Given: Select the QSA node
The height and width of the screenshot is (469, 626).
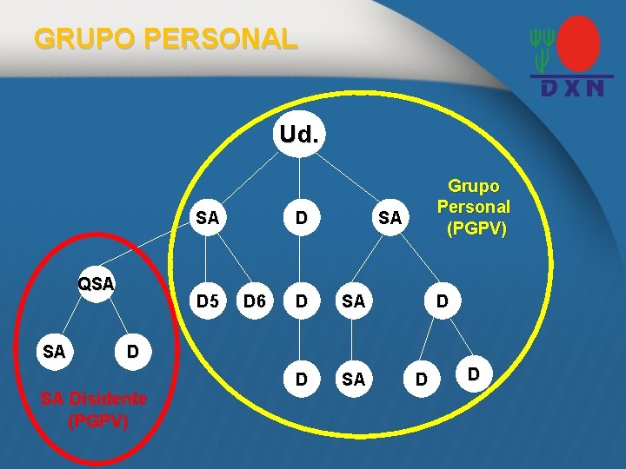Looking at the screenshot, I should pyautogui.click(x=96, y=284).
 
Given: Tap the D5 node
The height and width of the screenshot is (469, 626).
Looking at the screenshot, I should pyautogui.click(x=207, y=301).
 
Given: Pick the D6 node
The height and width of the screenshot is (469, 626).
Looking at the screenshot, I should pyautogui.click(x=254, y=301).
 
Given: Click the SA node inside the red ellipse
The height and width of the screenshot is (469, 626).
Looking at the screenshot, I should pyautogui.click(x=54, y=352).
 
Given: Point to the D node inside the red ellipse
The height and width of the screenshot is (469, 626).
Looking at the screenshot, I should pyautogui.click(x=132, y=352).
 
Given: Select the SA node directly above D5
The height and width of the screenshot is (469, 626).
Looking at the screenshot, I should pyautogui.click(x=207, y=218).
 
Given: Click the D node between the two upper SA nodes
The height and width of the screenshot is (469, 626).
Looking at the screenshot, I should pyautogui.click(x=301, y=218).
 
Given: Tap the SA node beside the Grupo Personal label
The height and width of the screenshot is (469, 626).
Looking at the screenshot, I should pyautogui.click(x=390, y=218).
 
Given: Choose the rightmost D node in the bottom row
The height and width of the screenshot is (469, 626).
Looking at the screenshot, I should pyautogui.click(x=473, y=374).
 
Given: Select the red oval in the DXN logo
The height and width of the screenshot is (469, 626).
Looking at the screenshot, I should pyautogui.click(x=578, y=43).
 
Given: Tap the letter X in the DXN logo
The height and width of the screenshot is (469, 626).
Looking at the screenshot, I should pyautogui.click(x=571, y=88).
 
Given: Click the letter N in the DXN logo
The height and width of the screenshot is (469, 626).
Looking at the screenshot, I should pyautogui.click(x=594, y=88).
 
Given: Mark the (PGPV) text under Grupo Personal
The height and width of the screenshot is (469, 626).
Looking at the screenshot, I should pyautogui.click(x=475, y=229).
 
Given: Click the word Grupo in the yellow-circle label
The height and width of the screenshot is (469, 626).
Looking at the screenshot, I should pyautogui.click(x=474, y=186).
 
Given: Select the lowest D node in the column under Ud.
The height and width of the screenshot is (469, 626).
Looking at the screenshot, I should pyautogui.click(x=301, y=380).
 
